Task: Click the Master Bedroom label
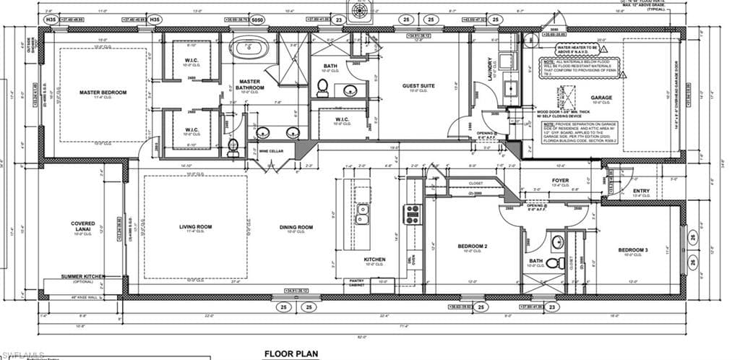tap(103, 93)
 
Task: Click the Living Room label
tap(195, 227)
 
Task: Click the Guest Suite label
tap(418, 86)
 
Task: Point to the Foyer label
tap(560, 181)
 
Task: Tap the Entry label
tap(641, 192)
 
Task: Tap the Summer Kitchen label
tap(84, 277)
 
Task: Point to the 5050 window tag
tap(257, 20)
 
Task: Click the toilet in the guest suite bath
tap(322, 88)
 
